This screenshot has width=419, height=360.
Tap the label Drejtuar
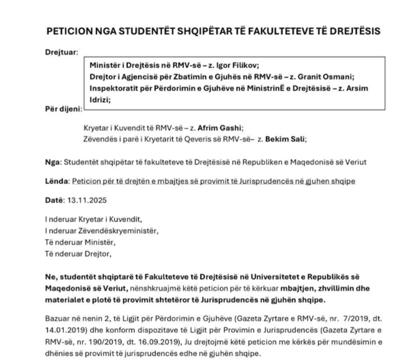coord(62,53)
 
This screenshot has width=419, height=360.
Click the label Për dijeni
coord(63,109)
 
